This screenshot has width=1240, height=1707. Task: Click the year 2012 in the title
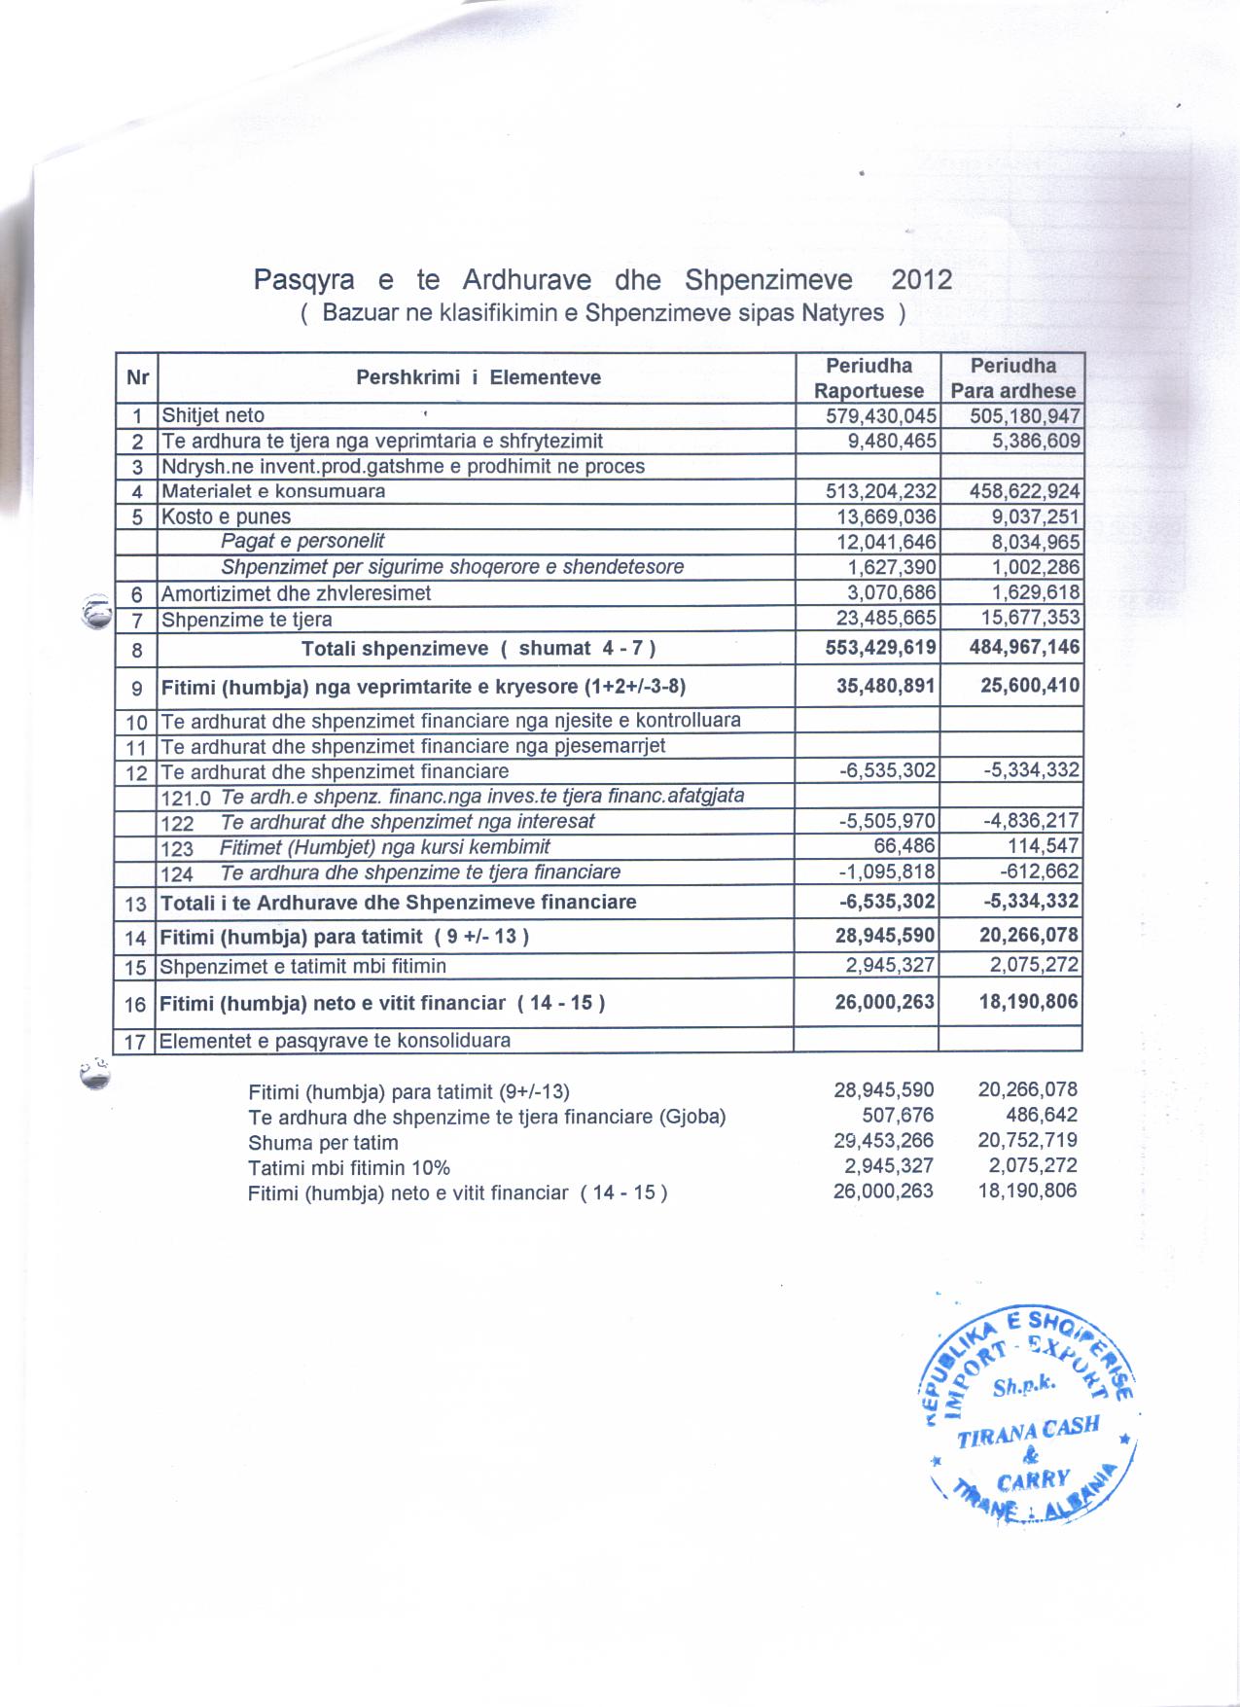[x=921, y=280]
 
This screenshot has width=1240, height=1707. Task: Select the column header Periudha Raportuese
[x=868, y=378]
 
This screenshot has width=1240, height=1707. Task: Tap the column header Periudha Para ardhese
[x=1012, y=378]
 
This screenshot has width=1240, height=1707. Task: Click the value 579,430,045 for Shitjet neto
[x=880, y=416]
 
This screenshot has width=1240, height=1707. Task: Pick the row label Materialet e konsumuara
[x=273, y=491]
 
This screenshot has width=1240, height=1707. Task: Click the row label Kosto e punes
[x=226, y=516]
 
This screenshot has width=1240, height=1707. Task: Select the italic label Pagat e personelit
[x=302, y=541]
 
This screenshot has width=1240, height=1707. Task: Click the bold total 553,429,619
[x=880, y=648]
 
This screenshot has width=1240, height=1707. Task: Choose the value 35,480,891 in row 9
[x=885, y=686]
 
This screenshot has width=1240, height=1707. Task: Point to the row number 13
[x=135, y=904]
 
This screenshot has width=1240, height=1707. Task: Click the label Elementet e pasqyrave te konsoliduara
[x=335, y=1041]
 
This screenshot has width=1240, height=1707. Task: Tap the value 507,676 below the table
[x=898, y=1116]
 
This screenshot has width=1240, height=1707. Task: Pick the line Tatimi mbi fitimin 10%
[x=349, y=1167]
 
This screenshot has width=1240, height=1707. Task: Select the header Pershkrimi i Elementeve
[x=478, y=377]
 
